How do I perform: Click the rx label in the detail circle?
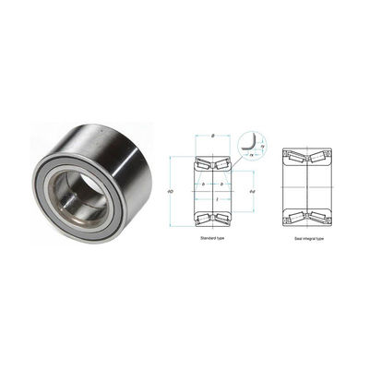pos(250,156)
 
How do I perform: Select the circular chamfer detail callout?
pos(249,145)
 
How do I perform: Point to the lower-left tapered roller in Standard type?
pos(202,218)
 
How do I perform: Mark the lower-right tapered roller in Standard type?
pos(224,218)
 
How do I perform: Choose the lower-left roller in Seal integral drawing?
pos(297,218)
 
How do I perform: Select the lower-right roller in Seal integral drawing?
pos(318,218)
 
